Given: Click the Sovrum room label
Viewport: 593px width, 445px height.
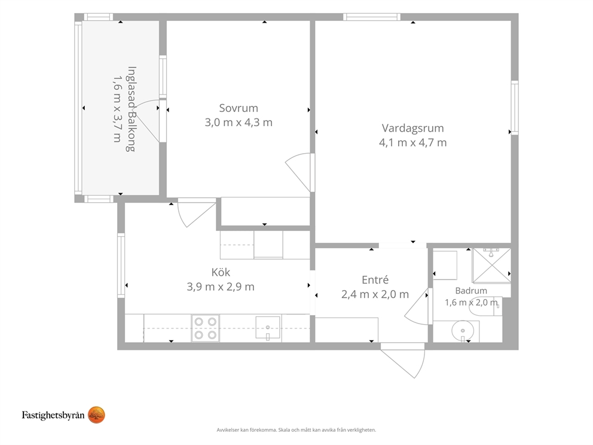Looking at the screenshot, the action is [x=239, y=108].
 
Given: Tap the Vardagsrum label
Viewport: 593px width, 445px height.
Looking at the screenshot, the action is [x=412, y=128].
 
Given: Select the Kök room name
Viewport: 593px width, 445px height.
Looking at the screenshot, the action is [x=221, y=272].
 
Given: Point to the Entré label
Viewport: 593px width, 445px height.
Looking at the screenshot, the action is [x=375, y=280].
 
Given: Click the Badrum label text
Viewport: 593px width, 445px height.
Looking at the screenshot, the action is [x=471, y=291].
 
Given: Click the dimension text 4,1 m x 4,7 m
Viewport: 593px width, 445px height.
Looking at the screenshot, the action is [x=412, y=143].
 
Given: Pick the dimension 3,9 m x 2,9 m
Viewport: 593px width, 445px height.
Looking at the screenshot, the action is [x=221, y=287].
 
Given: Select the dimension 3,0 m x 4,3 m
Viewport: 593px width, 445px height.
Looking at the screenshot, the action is [x=239, y=123].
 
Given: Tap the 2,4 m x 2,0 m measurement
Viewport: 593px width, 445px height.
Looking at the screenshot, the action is [x=375, y=294].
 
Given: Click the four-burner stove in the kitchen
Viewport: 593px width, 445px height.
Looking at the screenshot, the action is [x=206, y=328].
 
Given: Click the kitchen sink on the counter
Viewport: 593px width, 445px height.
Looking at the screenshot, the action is [x=268, y=328].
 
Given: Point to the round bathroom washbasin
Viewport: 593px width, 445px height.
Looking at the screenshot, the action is [x=462, y=331].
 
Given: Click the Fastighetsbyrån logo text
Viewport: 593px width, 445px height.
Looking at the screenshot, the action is [x=53, y=415].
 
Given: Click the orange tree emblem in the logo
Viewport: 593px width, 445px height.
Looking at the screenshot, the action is [x=96, y=415].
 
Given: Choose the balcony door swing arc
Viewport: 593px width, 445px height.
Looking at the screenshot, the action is [x=146, y=120].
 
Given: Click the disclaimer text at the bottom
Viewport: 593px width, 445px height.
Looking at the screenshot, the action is [x=296, y=430].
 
